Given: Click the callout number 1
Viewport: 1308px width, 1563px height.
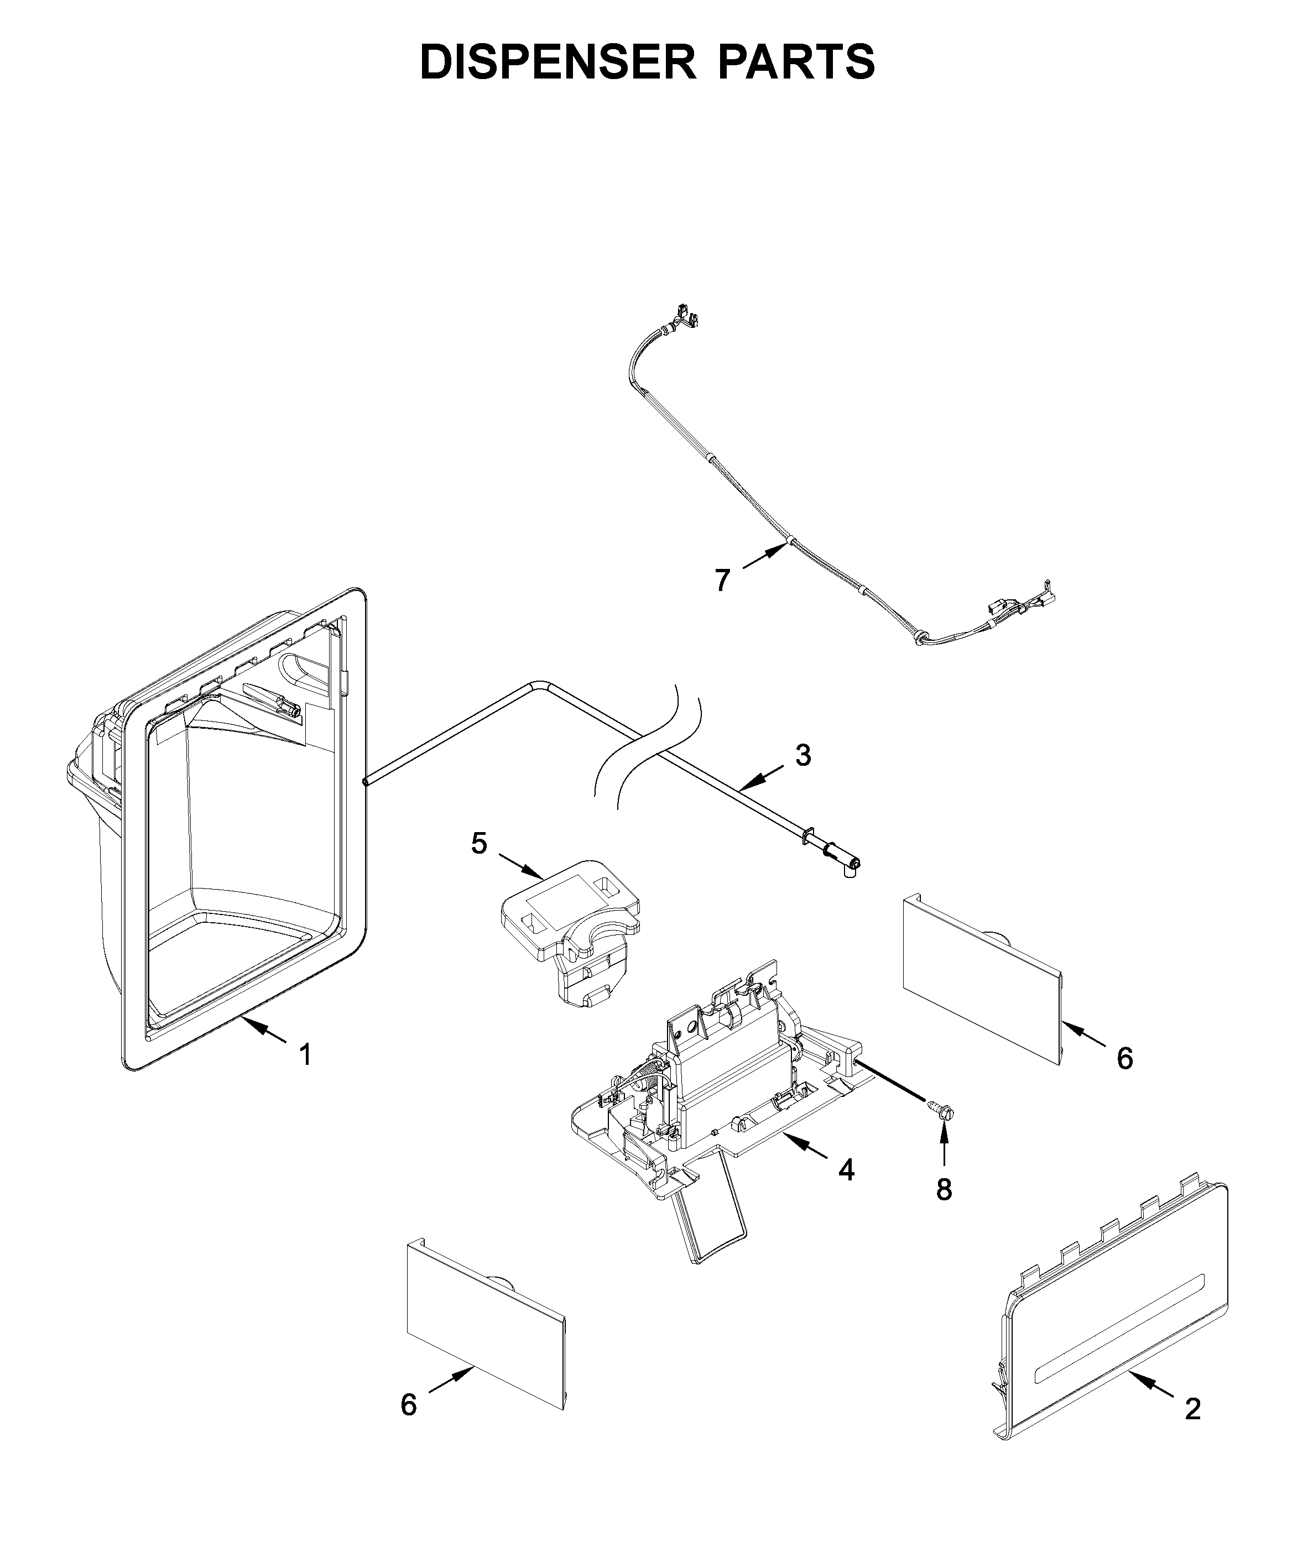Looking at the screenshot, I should click(305, 1055).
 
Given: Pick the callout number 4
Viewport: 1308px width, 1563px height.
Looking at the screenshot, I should click(846, 1171).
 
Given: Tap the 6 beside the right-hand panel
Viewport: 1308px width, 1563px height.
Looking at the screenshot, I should click(1125, 1058).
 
